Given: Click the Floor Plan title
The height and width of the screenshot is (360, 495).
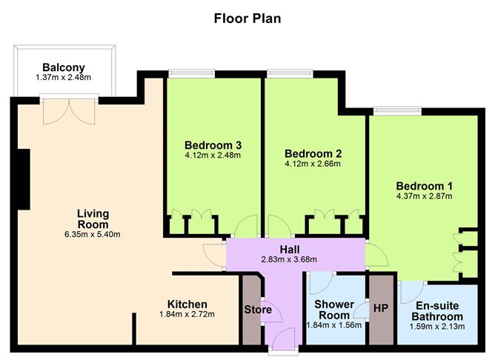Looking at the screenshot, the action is [247, 19].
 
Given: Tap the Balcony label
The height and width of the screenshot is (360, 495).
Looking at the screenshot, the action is [64, 67].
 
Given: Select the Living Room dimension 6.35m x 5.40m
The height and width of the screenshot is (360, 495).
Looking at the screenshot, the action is [92, 234].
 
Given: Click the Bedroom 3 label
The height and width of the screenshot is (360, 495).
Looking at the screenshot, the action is [213, 145].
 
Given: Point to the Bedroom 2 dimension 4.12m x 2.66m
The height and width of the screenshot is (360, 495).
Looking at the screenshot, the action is [313, 164].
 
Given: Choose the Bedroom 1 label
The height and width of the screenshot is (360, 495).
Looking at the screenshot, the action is [425, 186].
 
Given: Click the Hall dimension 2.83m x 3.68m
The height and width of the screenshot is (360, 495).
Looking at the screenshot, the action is [289, 259].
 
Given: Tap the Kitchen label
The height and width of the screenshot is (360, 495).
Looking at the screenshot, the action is [187, 304].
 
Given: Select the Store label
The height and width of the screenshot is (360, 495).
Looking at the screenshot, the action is [258, 310].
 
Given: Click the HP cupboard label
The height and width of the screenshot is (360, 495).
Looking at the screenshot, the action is [381, 308].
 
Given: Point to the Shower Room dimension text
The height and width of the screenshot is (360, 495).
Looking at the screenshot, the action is [334, 325].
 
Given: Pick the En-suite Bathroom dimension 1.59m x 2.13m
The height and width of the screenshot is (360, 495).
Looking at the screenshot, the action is [437, 326].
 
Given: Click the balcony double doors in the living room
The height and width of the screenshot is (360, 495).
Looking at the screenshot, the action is [69, 111].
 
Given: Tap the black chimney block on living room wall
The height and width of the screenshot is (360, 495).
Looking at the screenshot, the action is [24, 179].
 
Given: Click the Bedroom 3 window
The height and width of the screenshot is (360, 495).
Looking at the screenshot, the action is [192, 73].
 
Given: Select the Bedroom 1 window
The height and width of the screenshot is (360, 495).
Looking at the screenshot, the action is [397, 111].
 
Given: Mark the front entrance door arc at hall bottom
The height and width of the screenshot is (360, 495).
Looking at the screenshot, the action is [283, 338].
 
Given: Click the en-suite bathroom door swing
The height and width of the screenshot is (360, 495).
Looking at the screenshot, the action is [412, 292].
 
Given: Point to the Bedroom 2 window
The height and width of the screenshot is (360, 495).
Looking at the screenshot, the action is [290, 73].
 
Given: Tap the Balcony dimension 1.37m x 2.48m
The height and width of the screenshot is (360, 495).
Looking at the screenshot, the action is [64, 77].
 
